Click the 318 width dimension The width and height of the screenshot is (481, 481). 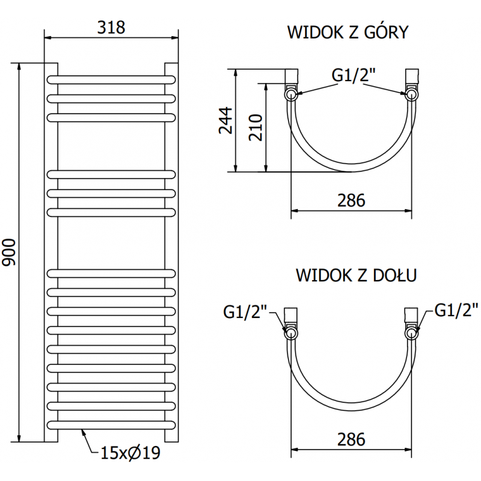[x=111, y=27]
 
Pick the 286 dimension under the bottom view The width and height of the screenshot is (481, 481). [x=351, y=440]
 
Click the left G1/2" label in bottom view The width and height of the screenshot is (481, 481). [x=245, y=311]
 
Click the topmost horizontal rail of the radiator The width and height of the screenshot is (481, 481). [x=112, y=79]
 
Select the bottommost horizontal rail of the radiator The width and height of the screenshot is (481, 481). [x=112, y=424]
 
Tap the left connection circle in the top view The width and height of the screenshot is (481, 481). [x=291, y=94]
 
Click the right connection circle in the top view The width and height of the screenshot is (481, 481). [x=412, y=94]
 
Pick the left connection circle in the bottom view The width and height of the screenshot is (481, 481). [x=291, y=333]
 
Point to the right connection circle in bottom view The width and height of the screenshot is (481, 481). [x=412, y=333]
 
